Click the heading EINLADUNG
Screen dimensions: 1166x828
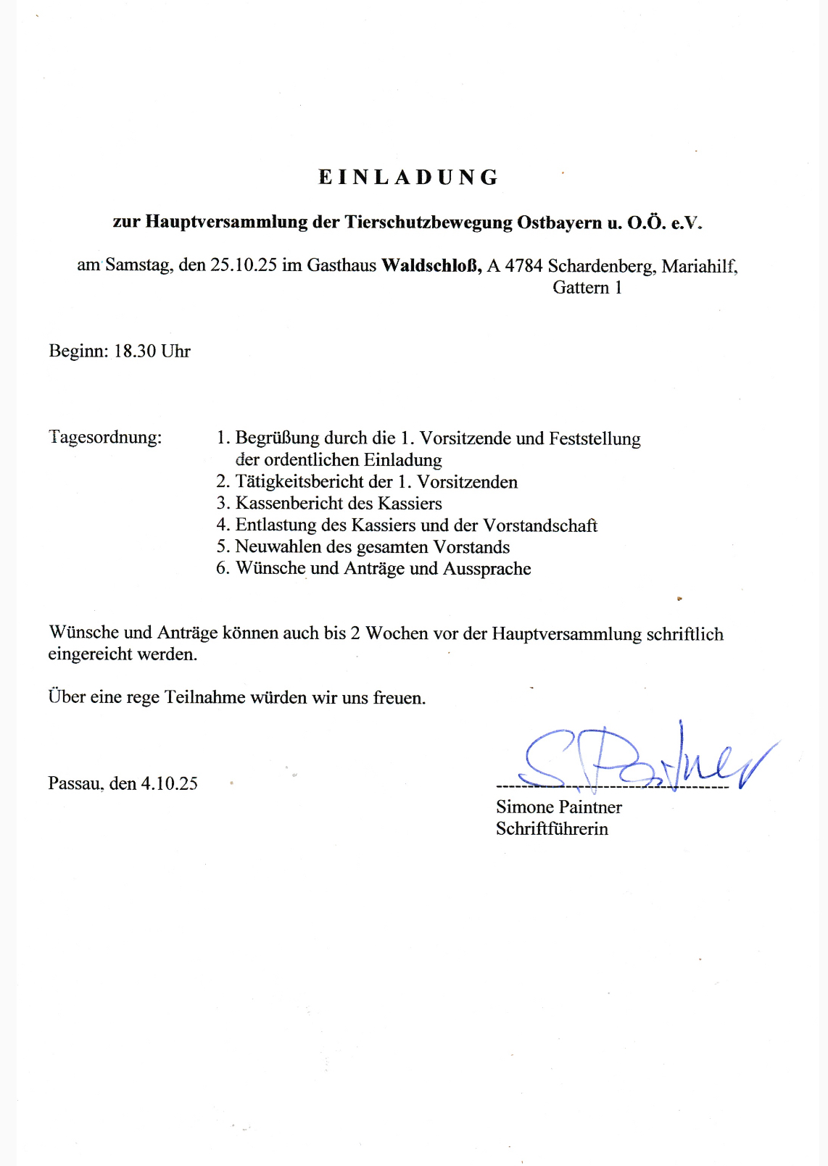[x=409, y=178]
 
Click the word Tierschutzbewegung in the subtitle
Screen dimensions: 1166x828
[x=428, y=222]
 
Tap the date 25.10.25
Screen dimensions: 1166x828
[x=244, y=265]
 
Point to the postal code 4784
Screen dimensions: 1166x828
[x=523, y=266]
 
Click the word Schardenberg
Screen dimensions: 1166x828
[x=601, y=267]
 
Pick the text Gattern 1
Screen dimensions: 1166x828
[x=587, y=288]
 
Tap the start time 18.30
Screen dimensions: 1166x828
[x=135, y=351]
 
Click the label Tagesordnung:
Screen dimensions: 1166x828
[x=105, y=438]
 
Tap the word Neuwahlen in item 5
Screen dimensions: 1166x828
[x=278, y=547]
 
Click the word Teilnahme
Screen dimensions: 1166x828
[x=205, y=698]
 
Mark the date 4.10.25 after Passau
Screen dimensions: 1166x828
[x=169, y=783]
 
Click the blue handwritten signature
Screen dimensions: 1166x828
[x=638, y=761]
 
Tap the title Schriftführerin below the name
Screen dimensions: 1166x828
[x=552, y=829]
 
